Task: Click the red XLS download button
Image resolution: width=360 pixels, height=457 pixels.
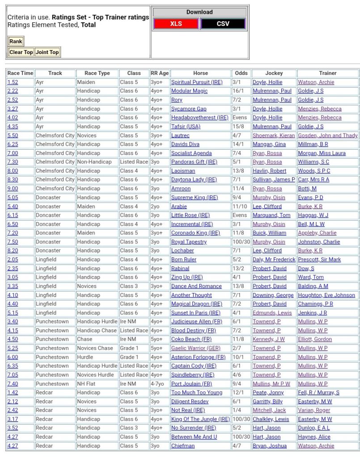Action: [176, 24]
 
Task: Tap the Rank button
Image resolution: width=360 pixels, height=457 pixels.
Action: [16, 42]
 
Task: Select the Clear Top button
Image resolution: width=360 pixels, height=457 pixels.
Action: [21, 52]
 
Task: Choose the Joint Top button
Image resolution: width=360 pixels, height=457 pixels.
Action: [47, 52]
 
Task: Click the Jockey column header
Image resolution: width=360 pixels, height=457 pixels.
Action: [274, 73]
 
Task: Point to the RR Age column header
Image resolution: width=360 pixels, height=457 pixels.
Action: [160, 73]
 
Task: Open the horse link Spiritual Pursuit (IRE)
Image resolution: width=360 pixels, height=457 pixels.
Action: [196, 82]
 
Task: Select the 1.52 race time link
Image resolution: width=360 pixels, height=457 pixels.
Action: [13, 82]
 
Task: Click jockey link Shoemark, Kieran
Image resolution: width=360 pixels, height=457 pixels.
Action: [274, 135]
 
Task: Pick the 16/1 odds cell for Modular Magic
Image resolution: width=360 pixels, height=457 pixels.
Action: [238, 91]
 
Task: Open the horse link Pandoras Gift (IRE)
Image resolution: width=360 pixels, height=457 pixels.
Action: [195, 162]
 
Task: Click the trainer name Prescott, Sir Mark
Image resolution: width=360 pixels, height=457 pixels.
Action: [319, 260]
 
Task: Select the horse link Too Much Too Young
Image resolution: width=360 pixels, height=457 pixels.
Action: [197, 393]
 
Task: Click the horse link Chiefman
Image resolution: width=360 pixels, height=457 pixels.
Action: [183, 446]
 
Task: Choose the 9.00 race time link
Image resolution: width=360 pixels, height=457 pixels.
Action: [13, 189]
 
